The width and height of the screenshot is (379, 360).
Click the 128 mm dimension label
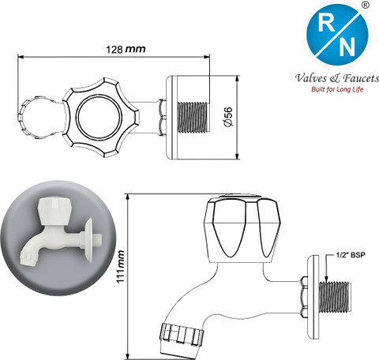[x=126, y=49]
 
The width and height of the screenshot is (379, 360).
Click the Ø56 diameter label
[x=228, y=117]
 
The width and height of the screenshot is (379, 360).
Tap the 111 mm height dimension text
[x=120, y=267]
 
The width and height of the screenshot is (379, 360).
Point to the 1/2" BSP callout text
[x=351, y=255]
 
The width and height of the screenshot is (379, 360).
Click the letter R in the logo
[x=326, y=23]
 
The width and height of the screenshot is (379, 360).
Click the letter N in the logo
[x=347, y=47]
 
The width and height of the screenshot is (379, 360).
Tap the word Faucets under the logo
[x=361, y=78]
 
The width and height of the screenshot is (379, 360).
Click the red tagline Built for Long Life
[x=337, y=89]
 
